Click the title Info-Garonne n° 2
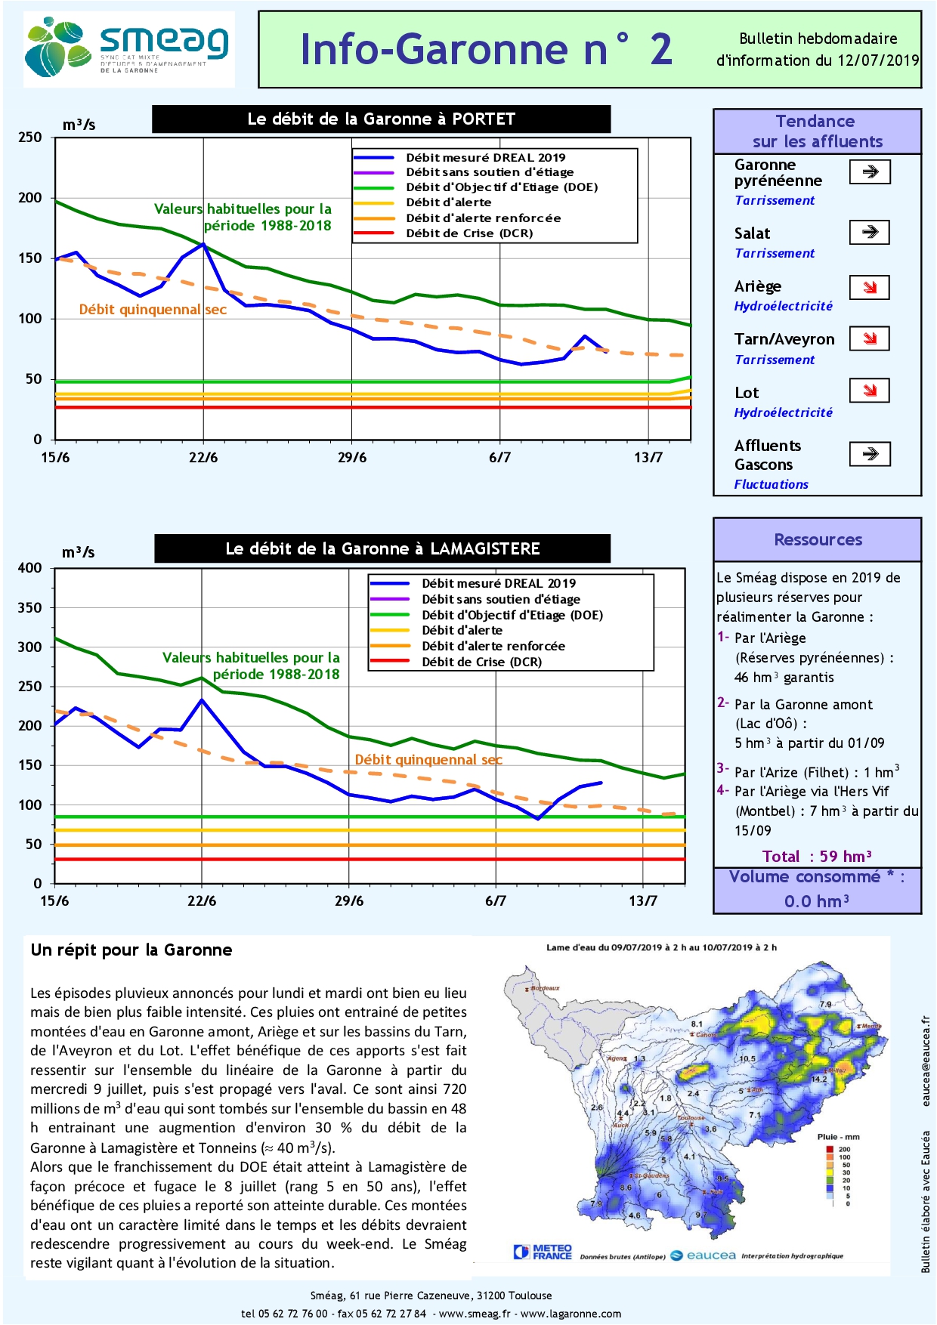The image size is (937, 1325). pos(486,50)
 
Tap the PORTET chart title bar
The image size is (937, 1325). pos(381,119)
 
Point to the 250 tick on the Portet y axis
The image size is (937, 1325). pos(30,137)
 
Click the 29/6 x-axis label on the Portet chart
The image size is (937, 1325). pos(351,458)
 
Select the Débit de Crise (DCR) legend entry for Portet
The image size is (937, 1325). pos(468,233)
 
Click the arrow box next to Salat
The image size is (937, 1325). pos(869,232)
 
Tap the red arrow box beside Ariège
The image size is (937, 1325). pos(869,287)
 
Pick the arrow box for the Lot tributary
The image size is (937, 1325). pos(869,391)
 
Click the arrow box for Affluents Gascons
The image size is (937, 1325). pos(870,454)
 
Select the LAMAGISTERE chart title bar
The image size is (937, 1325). pos(382,548)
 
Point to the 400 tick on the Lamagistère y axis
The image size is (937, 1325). pos(30,568)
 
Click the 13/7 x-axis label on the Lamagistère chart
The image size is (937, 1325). pos(643,900)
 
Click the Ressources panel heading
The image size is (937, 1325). pos(818,539)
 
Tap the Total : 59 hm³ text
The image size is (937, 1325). pos(817,856)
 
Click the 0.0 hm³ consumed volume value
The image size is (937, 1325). pos(816,901)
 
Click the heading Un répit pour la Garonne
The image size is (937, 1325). pos(131,950)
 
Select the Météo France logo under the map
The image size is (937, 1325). pos(543,1252)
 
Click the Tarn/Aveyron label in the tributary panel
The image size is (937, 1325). pos(784,339)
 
